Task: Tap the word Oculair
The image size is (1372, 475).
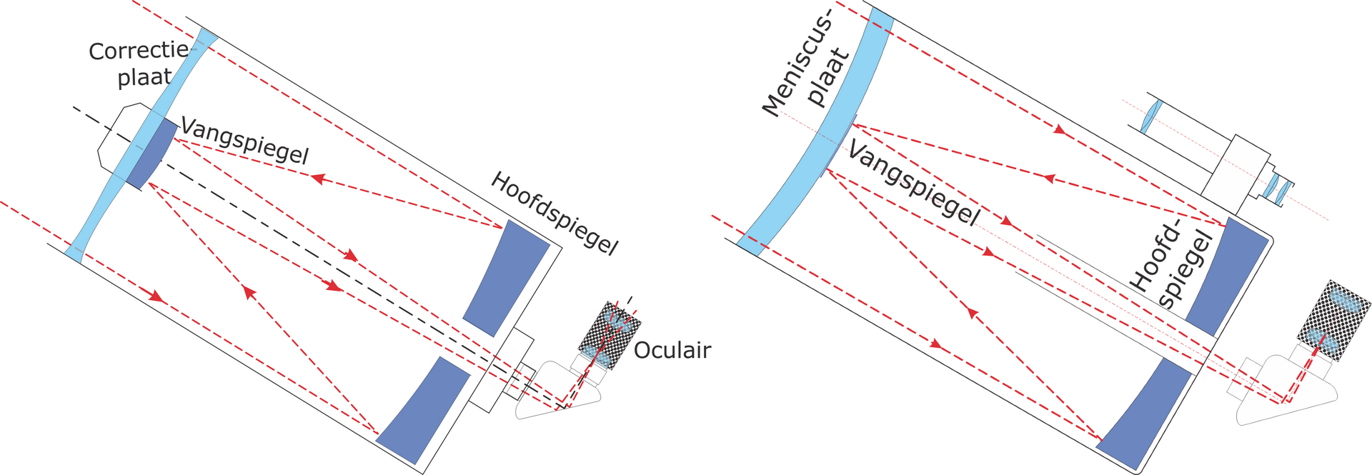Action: [x=672, y=350]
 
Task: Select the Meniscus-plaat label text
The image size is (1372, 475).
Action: [x=806, y=71]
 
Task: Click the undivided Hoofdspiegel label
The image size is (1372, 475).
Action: [x=554, y=213]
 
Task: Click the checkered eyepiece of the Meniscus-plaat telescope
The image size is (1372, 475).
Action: [x=1332, y=318]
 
